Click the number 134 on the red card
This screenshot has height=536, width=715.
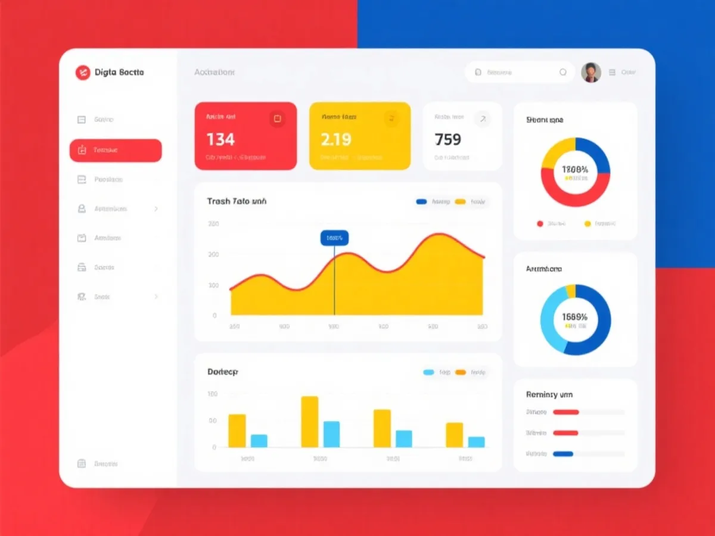[x=220, y=139]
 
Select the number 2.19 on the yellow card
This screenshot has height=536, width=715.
[x=336, y=139]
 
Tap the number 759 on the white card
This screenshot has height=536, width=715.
[x=448, y=139]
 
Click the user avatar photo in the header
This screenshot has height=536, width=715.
[x=590, y=72]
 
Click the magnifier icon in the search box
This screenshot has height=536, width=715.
[x=562, y=72]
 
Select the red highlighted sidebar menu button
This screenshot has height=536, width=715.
[x=116, y=150]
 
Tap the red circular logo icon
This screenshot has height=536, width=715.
[x=82, y=72]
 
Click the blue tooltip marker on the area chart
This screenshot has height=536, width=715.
[x=334, y=238]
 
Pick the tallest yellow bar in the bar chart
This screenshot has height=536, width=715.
[x=309, y=422]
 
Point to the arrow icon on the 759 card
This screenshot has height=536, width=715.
[x=483, y=119]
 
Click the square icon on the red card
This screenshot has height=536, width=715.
[x=276, y=119]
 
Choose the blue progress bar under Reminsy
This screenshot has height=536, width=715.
[x=563, y=454]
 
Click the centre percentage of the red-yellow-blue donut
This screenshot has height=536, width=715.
[x=575, y=170]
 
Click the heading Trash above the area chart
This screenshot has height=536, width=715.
[x=218, y=201]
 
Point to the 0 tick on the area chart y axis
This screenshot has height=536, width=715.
[x=214, y=315]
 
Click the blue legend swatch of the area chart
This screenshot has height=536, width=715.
[x=421, y=202]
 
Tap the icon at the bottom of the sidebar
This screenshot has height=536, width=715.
[x=82, y=463]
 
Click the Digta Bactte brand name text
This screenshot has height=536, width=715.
[x=119, y=72]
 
